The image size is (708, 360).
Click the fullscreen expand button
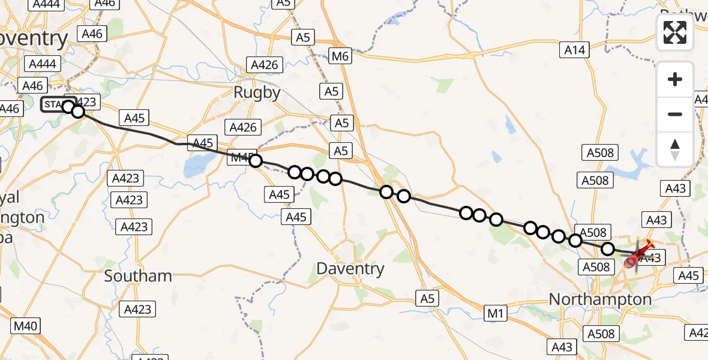click(675, 32)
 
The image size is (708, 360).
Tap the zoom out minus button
click(675, 114)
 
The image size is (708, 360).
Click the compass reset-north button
click(675, 149)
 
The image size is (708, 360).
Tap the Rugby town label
click(257, 92)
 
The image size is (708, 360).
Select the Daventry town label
click(350, 268)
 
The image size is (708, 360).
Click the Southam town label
click(138, 276)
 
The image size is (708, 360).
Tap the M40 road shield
click(26, 326)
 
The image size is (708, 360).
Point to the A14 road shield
click(575, 50)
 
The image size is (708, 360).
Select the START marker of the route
click(55, 106)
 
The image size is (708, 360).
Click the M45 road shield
click(241, 158)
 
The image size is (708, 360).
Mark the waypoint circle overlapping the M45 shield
click(256, 161)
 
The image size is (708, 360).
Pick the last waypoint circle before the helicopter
click(608, 249)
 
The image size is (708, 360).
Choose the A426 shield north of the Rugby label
click(265, 65)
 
